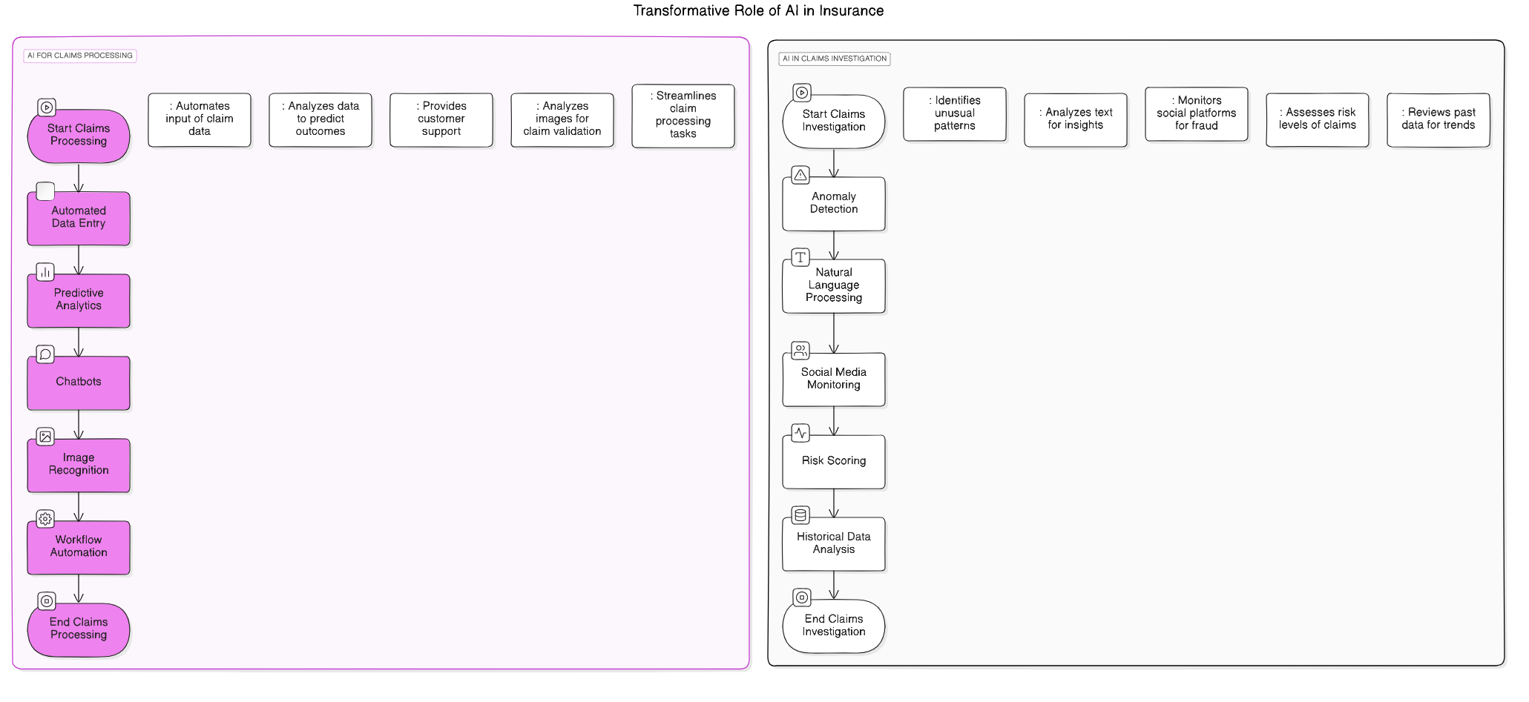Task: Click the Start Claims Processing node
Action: coord(79,136)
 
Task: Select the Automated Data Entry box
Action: coord(79,218)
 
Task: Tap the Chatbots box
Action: coord(79,383)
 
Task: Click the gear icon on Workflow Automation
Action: coord(45,519)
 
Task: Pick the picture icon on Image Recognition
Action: coord(45,437)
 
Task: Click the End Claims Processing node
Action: coord(79,629)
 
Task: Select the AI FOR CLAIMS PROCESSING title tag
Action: coord(80,56)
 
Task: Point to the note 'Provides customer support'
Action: coord(441,119)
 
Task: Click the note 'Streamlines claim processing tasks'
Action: coord(683,116)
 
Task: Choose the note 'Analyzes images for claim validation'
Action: coord(562,119)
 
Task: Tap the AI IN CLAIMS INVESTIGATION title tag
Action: coord(834,59)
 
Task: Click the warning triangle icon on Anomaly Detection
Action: coord(800,175)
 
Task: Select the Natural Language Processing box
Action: coord(833,285)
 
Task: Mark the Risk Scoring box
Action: coord(833,461)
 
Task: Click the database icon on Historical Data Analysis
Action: coord(800,514)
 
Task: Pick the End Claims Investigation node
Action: coord(833,626)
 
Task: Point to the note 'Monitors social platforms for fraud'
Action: coord(1196,113)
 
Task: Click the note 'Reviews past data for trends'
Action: coord(1438,119)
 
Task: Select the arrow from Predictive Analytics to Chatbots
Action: coord(79,342)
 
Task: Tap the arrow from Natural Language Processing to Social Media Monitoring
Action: coord(834,333)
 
